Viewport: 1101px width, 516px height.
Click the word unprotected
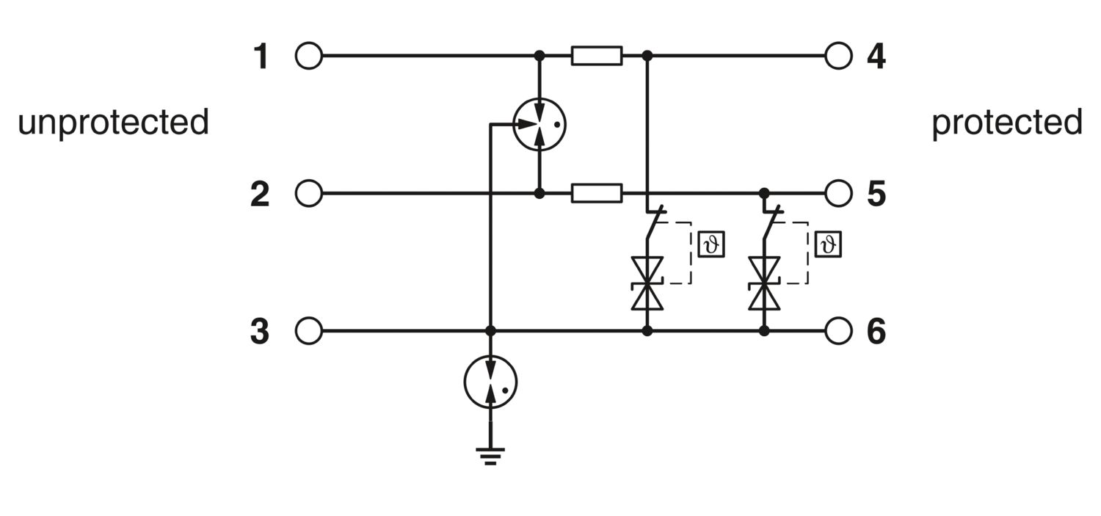tap(113, 123)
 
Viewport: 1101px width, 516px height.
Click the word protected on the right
tap(1007, 123)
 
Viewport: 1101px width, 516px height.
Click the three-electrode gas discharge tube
tap(539, 124)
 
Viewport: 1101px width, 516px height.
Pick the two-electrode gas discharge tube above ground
tap(490, 382)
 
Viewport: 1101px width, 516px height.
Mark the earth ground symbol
tap(490, 456)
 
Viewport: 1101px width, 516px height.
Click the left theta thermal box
tap(711, 244)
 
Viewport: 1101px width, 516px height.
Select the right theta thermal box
tap(828, 244)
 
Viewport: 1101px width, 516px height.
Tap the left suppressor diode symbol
tap(647, 283)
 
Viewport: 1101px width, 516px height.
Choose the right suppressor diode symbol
tap(764, 283)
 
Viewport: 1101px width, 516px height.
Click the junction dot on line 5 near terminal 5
tap(764, 193)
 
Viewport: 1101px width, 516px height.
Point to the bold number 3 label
tap(260, 331)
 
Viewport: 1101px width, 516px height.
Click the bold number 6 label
tap(876, 331)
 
